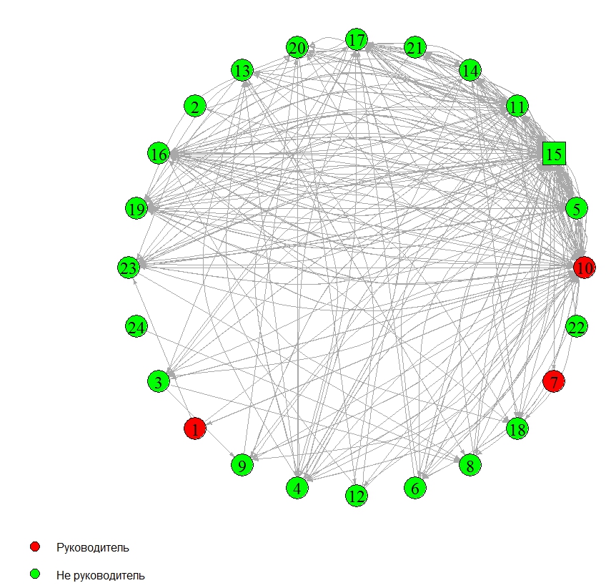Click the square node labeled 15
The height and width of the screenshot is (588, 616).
pyautogui.click(x=554, y=153)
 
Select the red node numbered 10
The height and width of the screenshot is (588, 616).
pyautogui.click(x=585, y=268)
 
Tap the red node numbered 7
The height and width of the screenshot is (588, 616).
pyautogui.click(x=554, y=381)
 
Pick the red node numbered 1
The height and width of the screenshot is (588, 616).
pyautogui.click(x=194, y=428)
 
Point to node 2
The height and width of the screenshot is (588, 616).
pyautogui.click(x=194, y=107)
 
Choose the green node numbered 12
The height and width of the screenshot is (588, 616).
pyautogui.click(x=356, y=495)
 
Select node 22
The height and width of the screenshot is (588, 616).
pyautogui.click(x=576, y=327)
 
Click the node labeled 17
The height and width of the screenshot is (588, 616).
pyautogui.click(x=357, y=39)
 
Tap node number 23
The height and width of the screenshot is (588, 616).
pyautogui.click(x=129, y=268)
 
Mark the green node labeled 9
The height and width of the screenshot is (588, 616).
pyautogui.click(x=242, y=465)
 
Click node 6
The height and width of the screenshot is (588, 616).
pyautogui.click(x=414, y=488)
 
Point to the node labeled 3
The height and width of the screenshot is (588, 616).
pyautogui.click(x=158, y=381)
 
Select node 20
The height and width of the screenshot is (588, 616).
pyautogui.click(x=297, y=48)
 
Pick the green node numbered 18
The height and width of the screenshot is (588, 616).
pyautogui.click(x=517, y=428)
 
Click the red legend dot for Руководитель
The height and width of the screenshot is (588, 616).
pyautogui.click(x=35, y=547)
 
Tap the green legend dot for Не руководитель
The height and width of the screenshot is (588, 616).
pyautogui.click(x=35, y=574)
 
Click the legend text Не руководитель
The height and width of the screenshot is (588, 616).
pyautogui.click(x=100, y=574)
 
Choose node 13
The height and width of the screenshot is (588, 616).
pyautogui.click(x=242, y=71)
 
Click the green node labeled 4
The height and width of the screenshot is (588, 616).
pyautogui.click(x=297, y=488)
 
